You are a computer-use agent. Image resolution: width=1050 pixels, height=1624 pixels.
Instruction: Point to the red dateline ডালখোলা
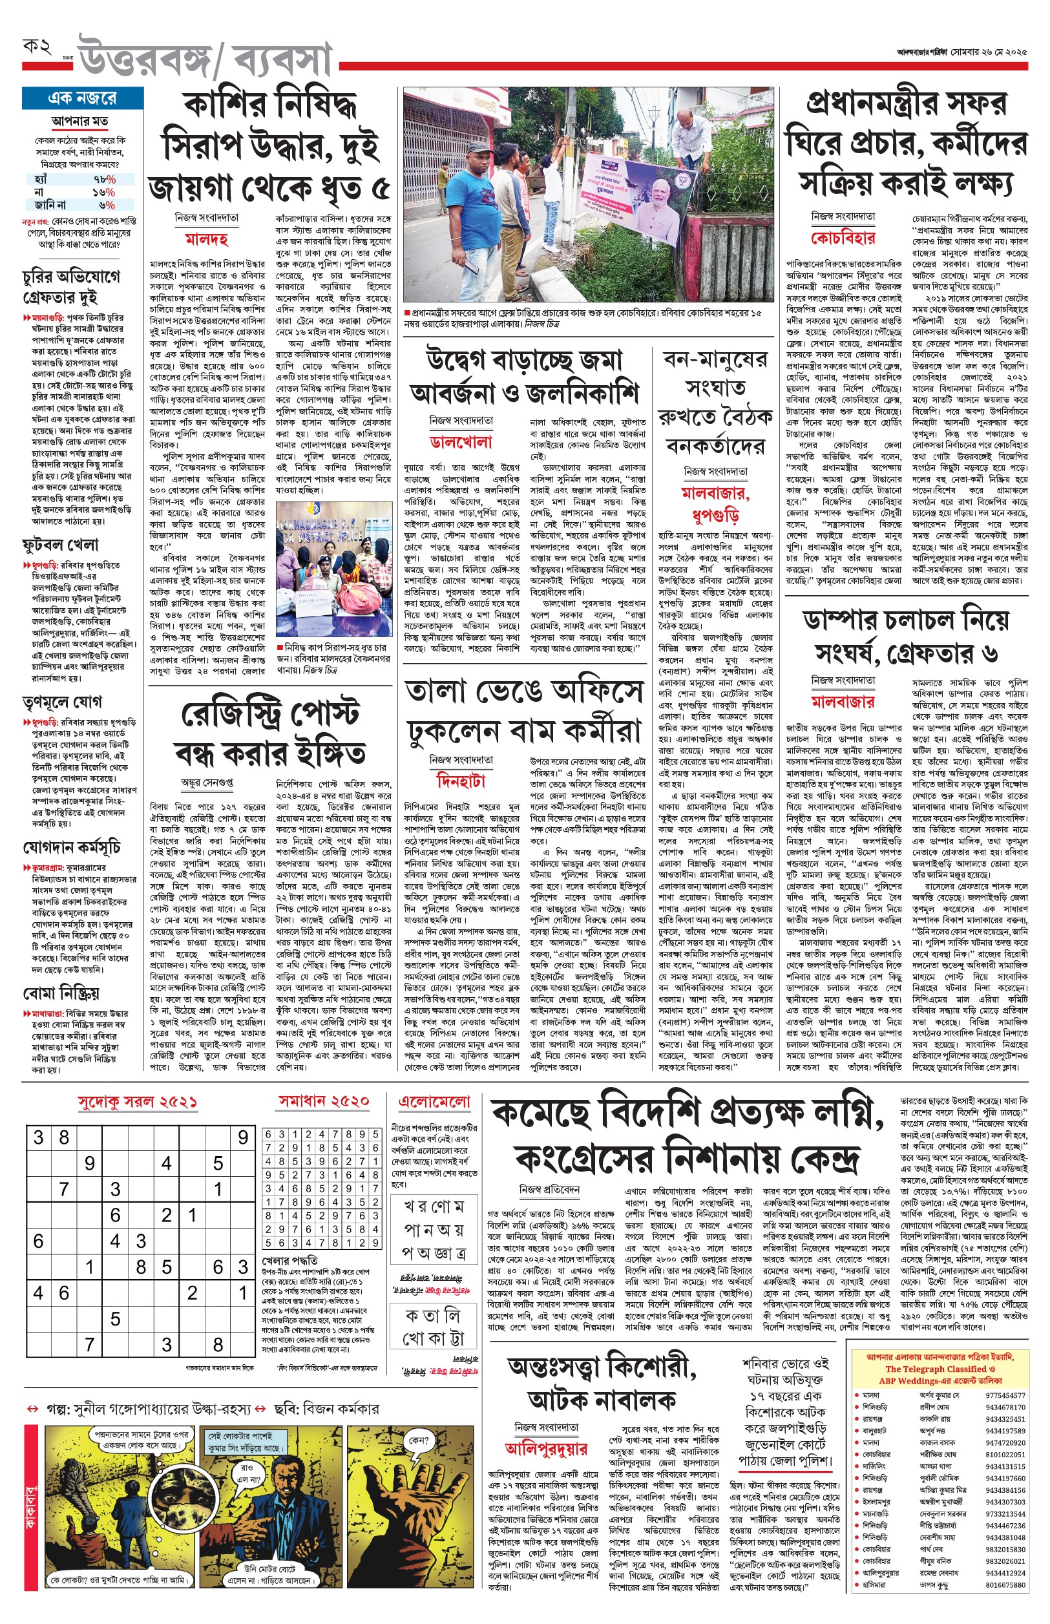pyautogui.click(x=461, y=442)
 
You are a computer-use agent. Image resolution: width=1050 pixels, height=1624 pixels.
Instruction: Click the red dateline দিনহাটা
pyautogui.click(x=461, y=780)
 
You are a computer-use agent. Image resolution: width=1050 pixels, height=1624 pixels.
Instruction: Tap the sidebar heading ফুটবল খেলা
pyautogui.click(x=61, y=545)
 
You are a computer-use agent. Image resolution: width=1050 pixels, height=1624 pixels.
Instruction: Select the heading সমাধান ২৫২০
pyautogui.click(x=324, y=1101)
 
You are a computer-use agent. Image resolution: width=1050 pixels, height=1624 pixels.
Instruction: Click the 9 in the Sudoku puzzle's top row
pyautogui.click(x=243, y=1137)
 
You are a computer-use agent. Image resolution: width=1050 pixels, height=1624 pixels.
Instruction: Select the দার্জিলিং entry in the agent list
pyautogui.click(x=875, y=1466)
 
